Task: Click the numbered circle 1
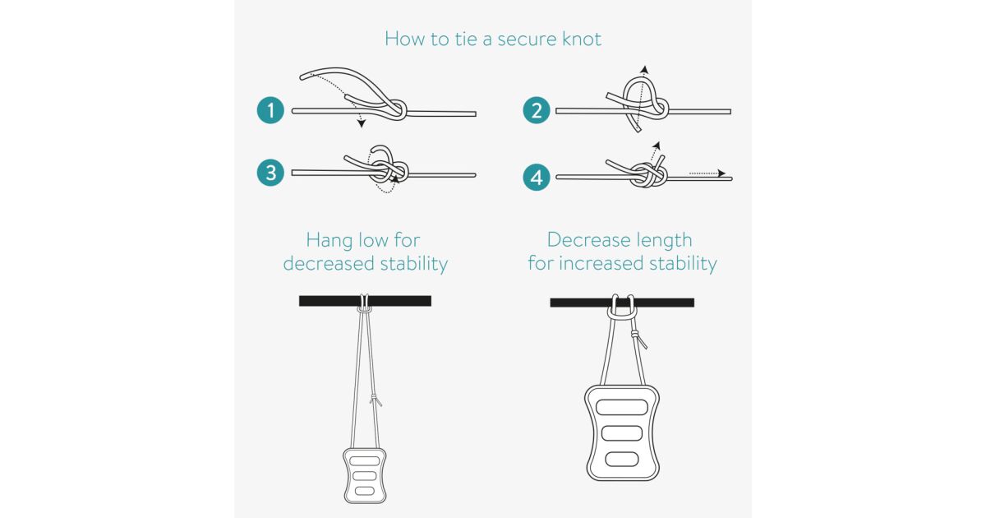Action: tap(270, 110)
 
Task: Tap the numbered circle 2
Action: tap(536, 110)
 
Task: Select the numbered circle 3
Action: tap(270, 172)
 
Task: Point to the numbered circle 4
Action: tap(536, 178)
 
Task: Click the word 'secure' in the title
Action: tap(521, 39)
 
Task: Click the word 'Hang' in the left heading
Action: tap(329, 241)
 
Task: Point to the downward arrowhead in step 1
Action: tap(362, 123)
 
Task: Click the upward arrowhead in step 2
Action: tap(644, 70)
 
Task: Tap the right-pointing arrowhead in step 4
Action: tap(721, 173)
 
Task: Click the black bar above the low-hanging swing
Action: tap(365, 301)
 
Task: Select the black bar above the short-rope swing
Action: tap(622, 303)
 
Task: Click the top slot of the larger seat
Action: tap(621, 407)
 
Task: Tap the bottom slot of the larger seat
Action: tap(621, 459)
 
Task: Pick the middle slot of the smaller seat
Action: tap(365, 476)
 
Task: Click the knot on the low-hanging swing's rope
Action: tap(375, 399)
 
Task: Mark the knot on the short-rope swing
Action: tap(636, 335)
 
